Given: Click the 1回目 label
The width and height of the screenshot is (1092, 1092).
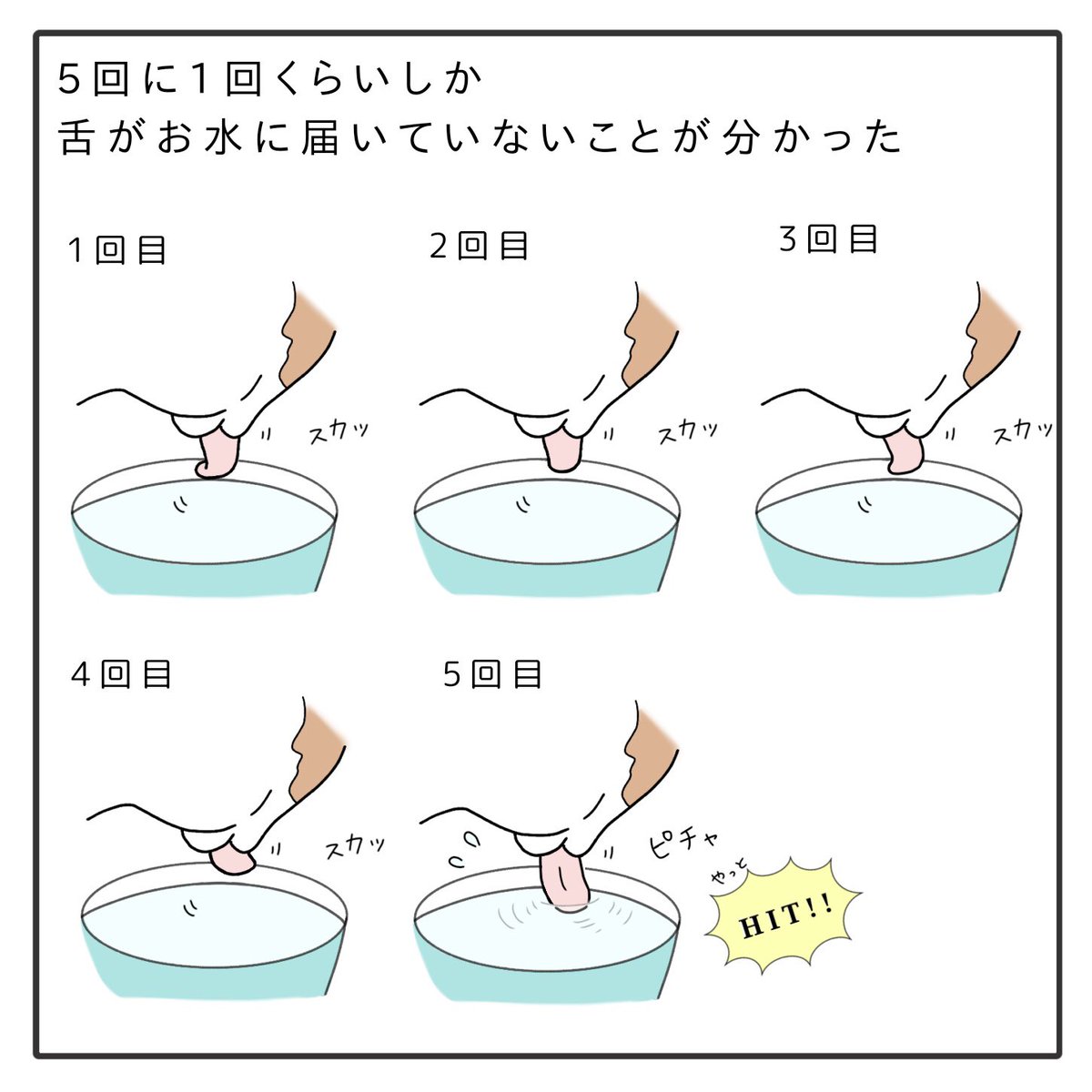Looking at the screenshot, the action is coord(116,250).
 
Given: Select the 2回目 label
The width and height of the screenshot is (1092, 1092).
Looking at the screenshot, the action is coord(479,246).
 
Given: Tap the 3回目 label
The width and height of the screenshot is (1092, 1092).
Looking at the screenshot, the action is coord(828,238).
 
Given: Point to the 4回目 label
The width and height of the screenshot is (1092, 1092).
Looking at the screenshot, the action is coord(121,674).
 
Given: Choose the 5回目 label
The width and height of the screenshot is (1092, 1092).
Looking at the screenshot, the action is coord(492,673).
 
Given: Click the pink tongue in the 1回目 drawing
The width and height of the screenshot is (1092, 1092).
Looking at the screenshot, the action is coord(217,454).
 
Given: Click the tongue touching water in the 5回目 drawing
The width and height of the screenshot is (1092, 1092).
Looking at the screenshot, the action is coord(563,881).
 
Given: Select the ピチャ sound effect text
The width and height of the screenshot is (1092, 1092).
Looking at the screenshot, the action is coord(682,841).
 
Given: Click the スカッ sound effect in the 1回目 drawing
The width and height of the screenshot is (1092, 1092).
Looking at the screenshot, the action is coord(339,433).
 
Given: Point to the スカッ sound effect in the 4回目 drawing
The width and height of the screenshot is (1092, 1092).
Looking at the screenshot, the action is coord(355,847).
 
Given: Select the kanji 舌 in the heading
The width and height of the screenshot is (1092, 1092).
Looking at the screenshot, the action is coord(76,137).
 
